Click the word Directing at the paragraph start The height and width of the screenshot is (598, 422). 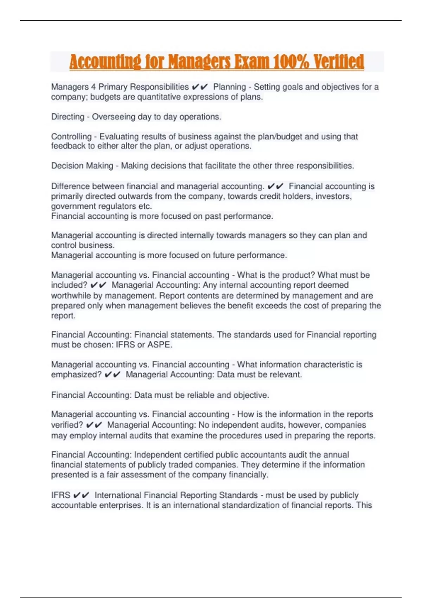[68, 117]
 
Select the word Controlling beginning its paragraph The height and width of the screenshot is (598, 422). [71, 136]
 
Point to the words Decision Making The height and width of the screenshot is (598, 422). [82, 166]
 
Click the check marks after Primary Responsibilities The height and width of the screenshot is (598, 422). [200, 87]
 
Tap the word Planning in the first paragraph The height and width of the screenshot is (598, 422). [230, 87]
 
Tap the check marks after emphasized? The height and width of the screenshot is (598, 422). [113, 375]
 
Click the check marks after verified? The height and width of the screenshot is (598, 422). [94, 425]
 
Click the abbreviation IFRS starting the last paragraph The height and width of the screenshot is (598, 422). [60, 495]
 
